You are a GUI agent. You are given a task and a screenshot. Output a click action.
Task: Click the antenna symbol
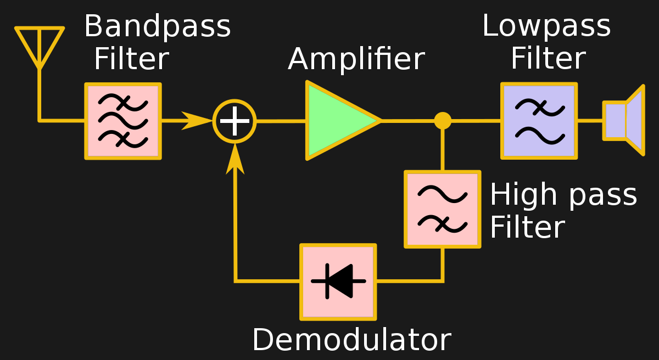pos(40,47)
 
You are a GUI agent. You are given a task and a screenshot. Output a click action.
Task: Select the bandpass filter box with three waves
pos(123,121)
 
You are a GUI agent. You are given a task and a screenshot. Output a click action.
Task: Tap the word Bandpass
pos(157,26)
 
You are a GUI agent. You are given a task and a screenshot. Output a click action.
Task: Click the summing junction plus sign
pos(234,121)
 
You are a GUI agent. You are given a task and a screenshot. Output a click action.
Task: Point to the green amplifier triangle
pos(337,121)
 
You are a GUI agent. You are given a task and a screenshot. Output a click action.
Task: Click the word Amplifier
pos(356,59)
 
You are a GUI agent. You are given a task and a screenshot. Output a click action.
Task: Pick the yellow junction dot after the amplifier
pos(443,121)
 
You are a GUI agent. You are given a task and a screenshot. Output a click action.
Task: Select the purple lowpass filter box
pos(539,121)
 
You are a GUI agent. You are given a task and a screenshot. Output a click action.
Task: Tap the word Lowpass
pos(546,26)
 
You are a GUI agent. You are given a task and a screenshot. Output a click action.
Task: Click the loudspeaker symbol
pos(624,120)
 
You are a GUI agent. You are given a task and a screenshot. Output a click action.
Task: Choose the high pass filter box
pos(443,209)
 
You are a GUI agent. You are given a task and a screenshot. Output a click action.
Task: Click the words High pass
pos(563,195)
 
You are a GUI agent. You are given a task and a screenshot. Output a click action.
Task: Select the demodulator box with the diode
pos(338,282)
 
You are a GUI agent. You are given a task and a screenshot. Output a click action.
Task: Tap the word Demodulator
pos(351,340)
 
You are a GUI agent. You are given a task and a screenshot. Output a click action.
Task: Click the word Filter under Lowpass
pos(548,59)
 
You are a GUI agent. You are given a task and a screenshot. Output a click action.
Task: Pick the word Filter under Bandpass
pos(131,59)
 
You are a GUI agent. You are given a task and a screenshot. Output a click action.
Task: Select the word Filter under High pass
pos(527,228)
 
